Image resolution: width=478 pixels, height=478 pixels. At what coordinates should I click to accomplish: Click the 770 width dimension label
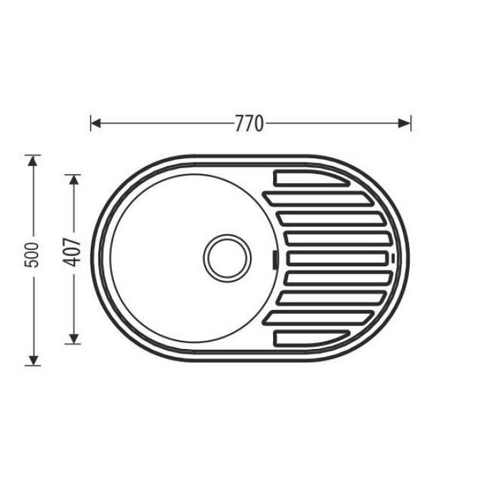point(249,124)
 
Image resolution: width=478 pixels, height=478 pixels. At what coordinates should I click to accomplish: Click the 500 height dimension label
point(31,255)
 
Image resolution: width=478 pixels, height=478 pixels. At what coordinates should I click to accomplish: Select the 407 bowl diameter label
point(72,252)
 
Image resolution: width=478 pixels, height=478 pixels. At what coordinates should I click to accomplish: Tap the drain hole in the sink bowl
point(227,258)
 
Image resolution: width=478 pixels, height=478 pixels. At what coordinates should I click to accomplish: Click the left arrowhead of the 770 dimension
point(96,124)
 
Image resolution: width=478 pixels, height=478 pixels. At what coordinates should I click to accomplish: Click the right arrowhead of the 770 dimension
point(404,124)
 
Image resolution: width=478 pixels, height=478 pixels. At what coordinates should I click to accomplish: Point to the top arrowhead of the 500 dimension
point(33,160)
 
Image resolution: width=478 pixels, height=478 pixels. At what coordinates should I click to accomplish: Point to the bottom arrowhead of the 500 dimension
point(33,360)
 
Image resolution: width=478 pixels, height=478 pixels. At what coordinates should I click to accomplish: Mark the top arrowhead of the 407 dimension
point(74,180)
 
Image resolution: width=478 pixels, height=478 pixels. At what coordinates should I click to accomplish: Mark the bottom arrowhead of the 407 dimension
point(74,339)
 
